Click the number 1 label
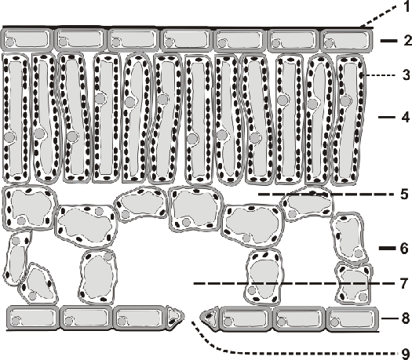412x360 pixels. [x=407, y=6]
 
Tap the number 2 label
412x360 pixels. [x=408, y=41]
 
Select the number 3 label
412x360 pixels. [x=407, y=75]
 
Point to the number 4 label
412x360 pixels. [x=406, y=117]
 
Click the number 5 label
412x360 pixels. [x=405, y=195]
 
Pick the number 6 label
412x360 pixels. [x=405, y=248]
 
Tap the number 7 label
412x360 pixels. [x=404, y=284]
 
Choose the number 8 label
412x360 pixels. [x=406, y=318]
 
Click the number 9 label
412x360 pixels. [x=407, y=353]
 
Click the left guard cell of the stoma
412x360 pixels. [x=174, y=317]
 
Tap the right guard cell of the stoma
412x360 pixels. [x=210, y=317]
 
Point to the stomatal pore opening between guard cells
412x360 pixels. [x=192, y=317]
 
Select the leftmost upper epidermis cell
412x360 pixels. [x=27, y=40]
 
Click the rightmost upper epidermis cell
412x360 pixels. [x=347, y=40]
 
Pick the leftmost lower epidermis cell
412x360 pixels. [x=32, y=317]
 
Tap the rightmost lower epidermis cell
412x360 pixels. [x=352, y=318]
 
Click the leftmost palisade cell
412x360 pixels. [x=16, y=118]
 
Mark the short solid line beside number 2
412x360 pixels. [x=389, y=41]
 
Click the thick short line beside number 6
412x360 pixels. [x=388, y=248]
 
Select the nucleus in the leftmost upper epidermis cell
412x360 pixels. [x=10, y=42]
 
